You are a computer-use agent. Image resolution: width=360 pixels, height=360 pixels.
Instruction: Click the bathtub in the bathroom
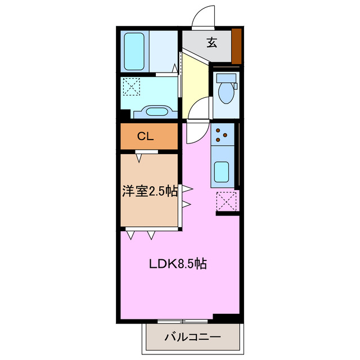tap(134, 51)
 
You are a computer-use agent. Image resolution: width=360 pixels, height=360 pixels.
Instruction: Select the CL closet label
tap(146, 136)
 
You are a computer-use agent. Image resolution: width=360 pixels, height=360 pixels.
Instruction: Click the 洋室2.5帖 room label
tap(150, 191)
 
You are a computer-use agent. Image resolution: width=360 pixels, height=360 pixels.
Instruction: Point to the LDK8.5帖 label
tap(177, 263)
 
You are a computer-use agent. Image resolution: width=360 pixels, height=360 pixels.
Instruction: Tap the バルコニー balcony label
tap(192, 337)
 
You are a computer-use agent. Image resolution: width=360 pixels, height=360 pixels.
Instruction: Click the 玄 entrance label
tap(211, 43)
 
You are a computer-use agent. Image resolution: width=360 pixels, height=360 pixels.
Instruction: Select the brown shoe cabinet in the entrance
tap(237, 46)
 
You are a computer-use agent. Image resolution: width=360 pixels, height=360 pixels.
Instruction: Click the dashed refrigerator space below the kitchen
tap(226, 201)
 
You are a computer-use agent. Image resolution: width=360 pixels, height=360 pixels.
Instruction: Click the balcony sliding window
tap(182, 321)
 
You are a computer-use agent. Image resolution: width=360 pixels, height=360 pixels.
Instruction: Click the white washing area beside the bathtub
tap(164, 51)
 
